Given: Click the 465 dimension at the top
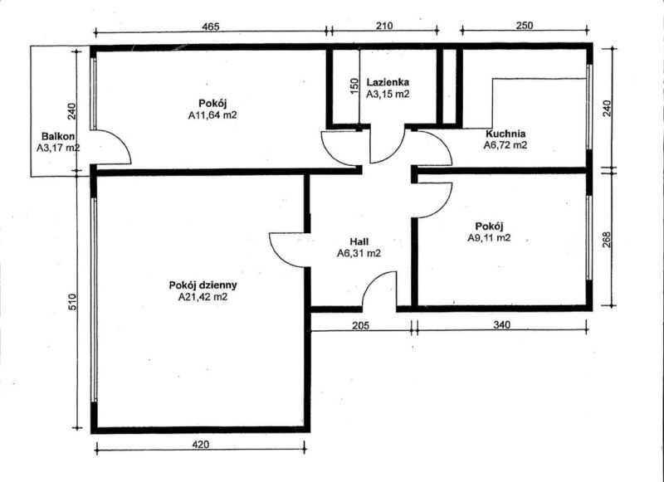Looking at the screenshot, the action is (x=211, y=27).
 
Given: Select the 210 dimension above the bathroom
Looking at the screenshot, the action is (x=384, y=26).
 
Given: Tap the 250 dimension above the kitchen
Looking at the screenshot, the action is (x=525, y=26).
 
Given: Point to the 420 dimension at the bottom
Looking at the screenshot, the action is (x=201, y=445).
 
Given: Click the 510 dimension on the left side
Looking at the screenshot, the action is (x=72, y=302).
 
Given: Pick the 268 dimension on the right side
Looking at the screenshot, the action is (x=607, y=240).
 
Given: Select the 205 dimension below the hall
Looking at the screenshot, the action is (x=361, y=325).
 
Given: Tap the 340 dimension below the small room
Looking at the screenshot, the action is (x=502, y=324).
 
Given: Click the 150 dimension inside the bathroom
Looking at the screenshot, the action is (x=354, y=85).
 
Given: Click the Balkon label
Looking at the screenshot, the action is (x=58, y=136).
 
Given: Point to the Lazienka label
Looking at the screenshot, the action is (x=388, y=82).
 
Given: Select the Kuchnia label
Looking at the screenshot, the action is (x=505, y=134).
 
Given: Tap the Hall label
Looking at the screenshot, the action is (x=359, y=241).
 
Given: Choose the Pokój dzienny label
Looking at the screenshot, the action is (x=203, y=285).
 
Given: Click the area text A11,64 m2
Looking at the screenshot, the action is (x=212, y=114).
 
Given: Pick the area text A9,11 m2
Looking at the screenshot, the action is (x=489, y=237).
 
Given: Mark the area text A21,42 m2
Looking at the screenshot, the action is (x=203, y=297).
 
